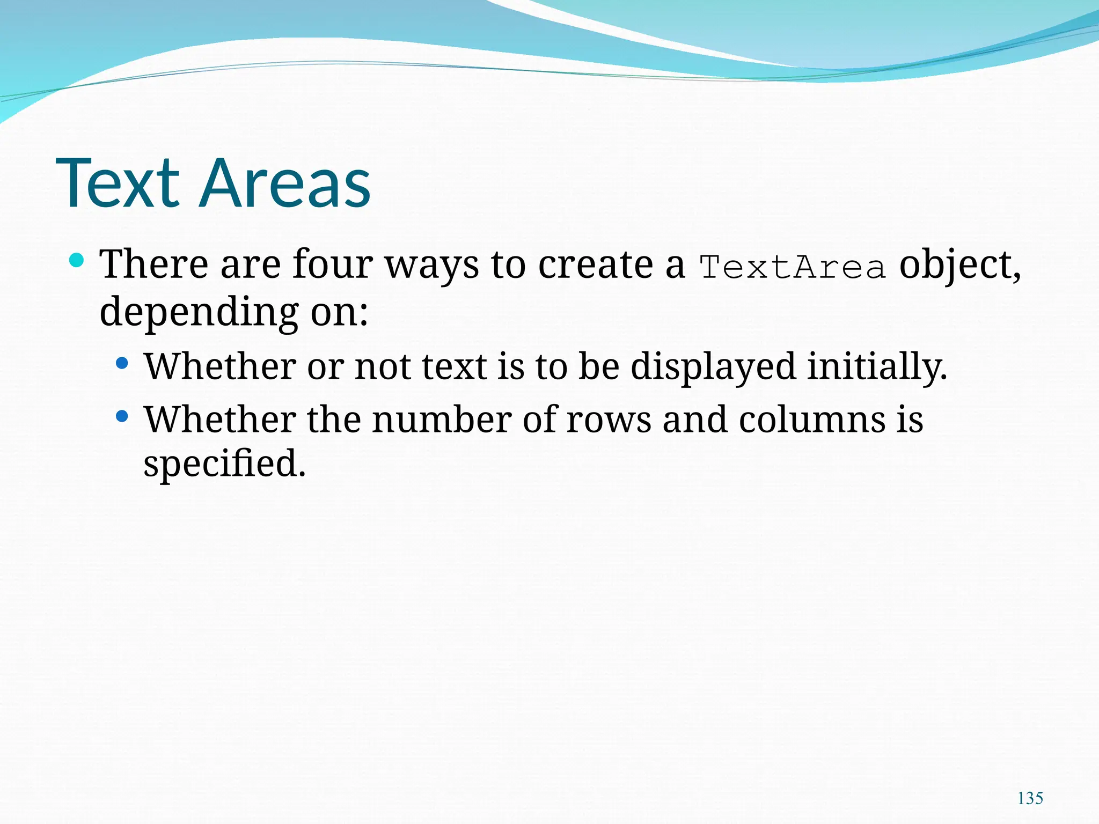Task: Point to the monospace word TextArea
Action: click(792, 267)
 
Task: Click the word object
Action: click(959, 265)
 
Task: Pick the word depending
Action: click(199, 312)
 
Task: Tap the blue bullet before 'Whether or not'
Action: click(122, 364)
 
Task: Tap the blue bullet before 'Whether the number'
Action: click(122, 416)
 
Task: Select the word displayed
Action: click(713, 367)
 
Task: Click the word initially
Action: click(877, 367)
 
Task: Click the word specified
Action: click(224, 464)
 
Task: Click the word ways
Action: click(432, 265)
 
